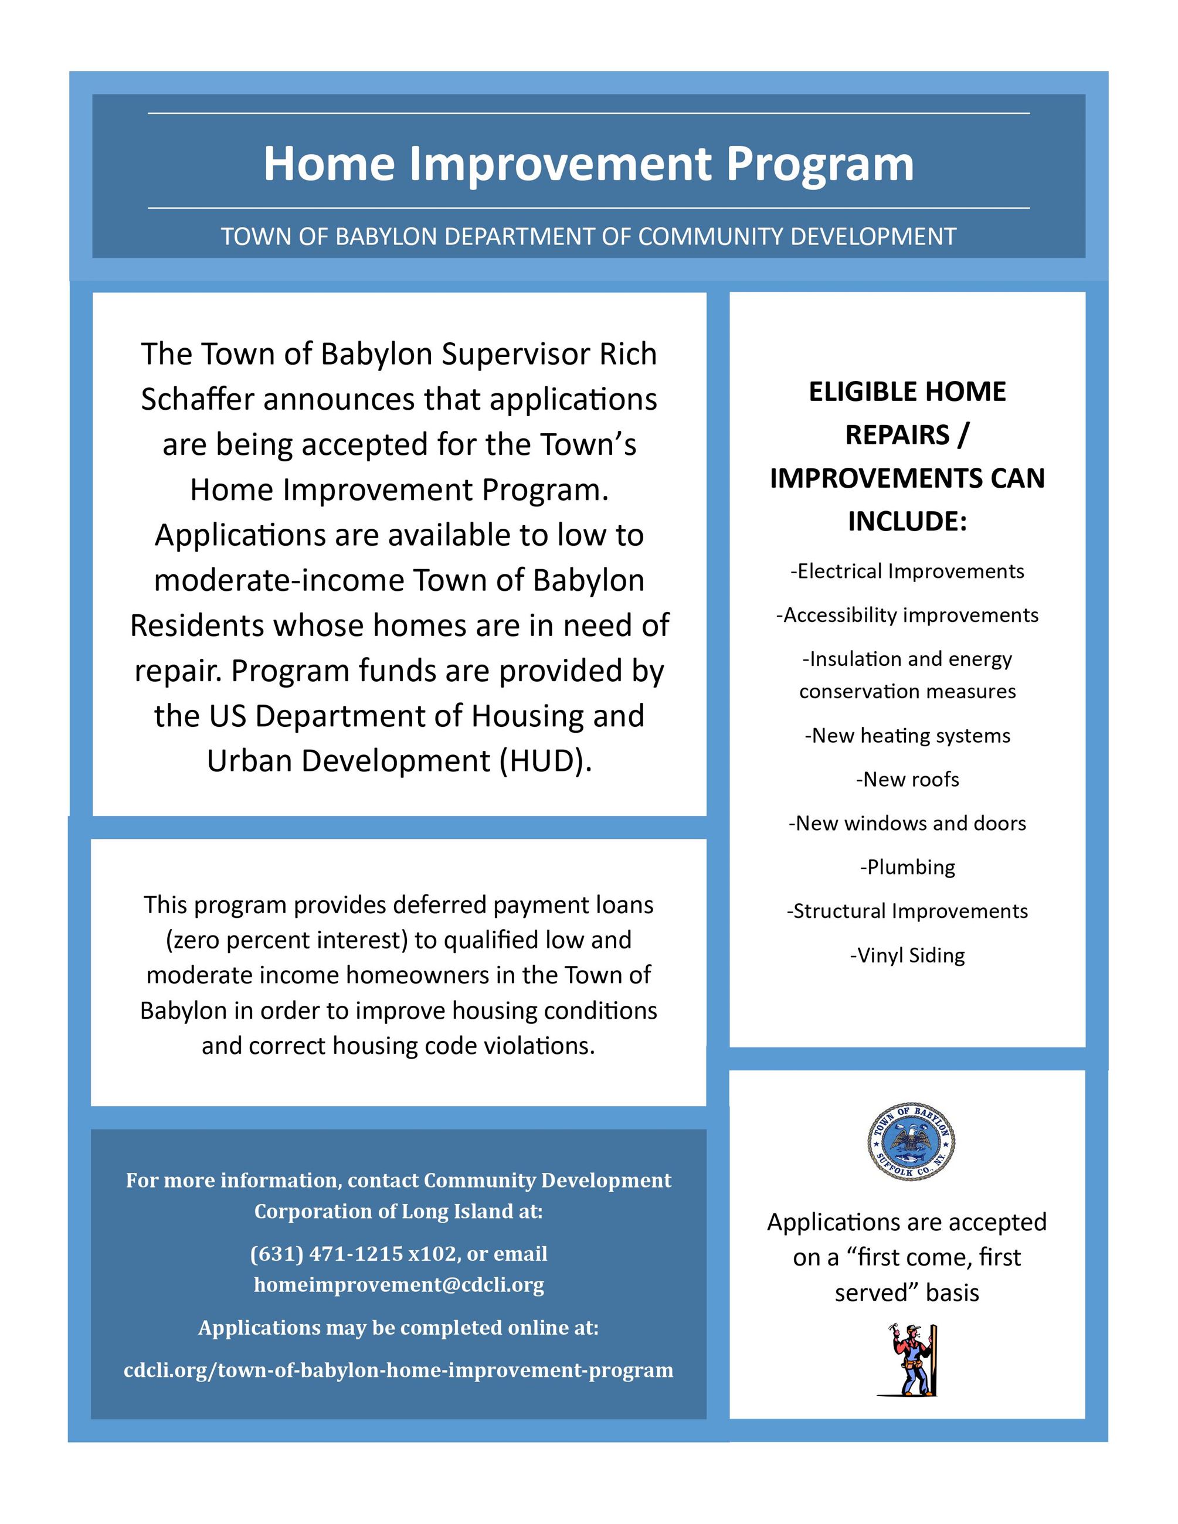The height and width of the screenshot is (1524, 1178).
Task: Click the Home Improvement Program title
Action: pyautogui.click(x=588, y=165)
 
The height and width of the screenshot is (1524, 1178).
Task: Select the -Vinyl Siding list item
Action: pyautogui.click(x=907, y=955)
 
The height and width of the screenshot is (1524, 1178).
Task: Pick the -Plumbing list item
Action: pyautogui.click(x=907, y=868)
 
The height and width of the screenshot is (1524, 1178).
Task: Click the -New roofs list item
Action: pyautogui.click(x=907, y=780)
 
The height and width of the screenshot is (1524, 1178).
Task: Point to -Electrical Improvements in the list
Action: pyautogui.click(x=907, y=571)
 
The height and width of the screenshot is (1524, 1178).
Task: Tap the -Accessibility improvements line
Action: pyautogui.click(x=907, y=615)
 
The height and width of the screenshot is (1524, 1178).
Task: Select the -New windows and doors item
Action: pyautogui.click(x=907, y=824)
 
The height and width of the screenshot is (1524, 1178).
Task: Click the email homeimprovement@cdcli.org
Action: pyautogui.click(x=399, y=1285)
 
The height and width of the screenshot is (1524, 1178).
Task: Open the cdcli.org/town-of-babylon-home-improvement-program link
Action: pyautogui.click(x=399, y=1370)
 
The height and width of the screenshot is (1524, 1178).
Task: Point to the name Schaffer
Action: pyautogui.click(x=197, y=400)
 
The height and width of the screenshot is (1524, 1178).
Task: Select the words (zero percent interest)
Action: pyautogui.click(x=286, y=940)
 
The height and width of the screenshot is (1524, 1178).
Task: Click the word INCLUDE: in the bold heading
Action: pyautogui.click(x=907, y=521)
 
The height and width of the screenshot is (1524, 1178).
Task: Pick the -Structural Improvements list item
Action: pyautogui.click(x=907, y=911)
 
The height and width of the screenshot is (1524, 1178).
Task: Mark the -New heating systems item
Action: pyautogui.click(x=907, y=736)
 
